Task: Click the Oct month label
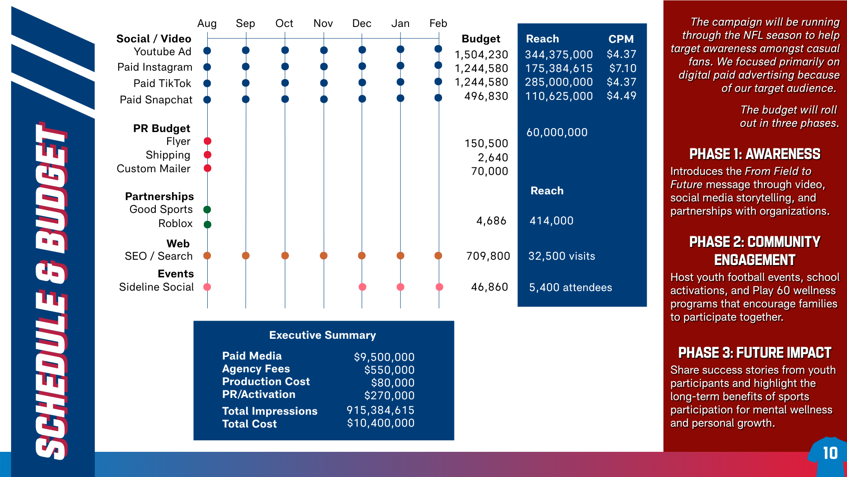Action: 284,23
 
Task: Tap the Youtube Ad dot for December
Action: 362,50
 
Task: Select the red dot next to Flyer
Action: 207,141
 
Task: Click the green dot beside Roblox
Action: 207,224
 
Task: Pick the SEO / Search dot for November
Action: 323,256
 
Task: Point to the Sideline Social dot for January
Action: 401,287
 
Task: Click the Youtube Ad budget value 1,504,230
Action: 481,54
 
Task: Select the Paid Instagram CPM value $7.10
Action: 622,68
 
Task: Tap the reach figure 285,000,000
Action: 558,82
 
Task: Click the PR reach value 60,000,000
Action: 557,132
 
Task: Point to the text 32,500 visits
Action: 562,256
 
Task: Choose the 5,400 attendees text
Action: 570,288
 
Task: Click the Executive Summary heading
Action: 322,335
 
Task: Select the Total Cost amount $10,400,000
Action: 381,423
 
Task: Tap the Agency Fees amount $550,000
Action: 389,370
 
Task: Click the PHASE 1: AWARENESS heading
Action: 755,154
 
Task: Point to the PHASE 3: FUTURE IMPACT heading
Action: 755,352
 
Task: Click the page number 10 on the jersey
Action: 830,453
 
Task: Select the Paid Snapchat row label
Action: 156,100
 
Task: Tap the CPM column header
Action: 621,39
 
